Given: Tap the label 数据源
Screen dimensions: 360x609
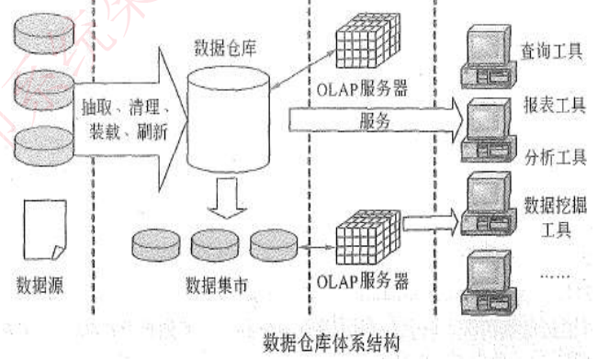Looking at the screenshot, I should pyautogui.click(x=39, y=277).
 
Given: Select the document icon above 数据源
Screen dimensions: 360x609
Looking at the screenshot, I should pyautogui.click(x=39, y=229).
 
